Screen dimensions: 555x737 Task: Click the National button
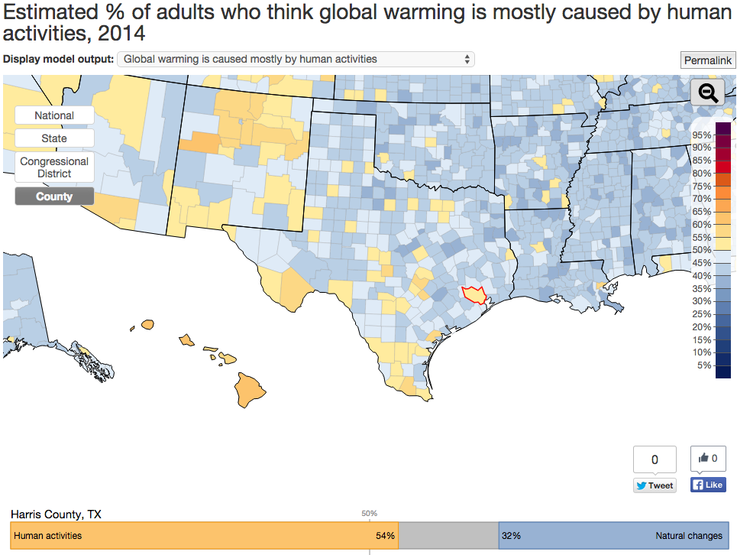click(x=54, y=115)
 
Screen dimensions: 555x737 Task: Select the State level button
click(x=54, y=138)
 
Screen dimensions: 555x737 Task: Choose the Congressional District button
click(x=54, y=167)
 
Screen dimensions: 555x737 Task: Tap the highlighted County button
click(x=54, y=196)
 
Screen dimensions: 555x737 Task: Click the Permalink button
click(x=708, y=60)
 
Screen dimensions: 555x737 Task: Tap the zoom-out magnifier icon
click(x=707, y=93)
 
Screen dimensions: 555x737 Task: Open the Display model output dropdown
click(x=296, y=59)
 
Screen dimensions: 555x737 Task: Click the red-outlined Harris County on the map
click(x=474, y=295)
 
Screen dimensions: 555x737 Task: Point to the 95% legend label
click(x=701, y=135)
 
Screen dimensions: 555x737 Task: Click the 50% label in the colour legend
click(x=701, y=250)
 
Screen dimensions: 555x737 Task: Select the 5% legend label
click(x=704, y=365)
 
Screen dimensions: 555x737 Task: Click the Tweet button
click(x=655, y=485)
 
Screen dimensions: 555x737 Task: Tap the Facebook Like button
click(x=708, y=485)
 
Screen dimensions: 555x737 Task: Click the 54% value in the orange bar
click(x=385, y=536)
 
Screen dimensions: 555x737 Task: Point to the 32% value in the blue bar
click(x=511, y=536)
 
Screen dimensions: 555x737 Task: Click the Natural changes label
click(x=688, y=536)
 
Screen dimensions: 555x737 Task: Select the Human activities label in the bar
click(x=47, y=536)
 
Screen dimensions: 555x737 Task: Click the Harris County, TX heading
click(x=56, y=514)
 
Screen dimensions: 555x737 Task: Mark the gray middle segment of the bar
click(x=448, y=536)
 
